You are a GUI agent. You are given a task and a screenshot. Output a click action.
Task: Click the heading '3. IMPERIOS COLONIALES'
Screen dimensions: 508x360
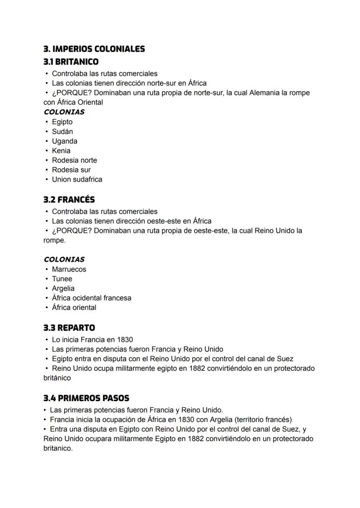point(94,49)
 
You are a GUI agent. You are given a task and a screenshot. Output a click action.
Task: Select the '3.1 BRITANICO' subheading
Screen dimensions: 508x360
point(71,62)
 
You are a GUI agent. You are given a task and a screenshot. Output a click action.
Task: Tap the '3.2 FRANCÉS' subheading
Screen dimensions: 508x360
point(69,199)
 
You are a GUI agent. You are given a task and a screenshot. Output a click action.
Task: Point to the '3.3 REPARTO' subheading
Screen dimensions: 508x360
point(69,328)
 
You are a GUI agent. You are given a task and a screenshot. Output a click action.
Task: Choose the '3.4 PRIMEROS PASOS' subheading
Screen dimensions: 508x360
point(86,398)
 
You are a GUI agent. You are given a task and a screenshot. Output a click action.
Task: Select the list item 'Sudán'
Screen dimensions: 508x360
point(62,131)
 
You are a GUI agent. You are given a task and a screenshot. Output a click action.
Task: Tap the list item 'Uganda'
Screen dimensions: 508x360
point(64,141)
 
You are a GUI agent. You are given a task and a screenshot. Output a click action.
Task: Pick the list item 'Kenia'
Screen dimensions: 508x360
point(61,150)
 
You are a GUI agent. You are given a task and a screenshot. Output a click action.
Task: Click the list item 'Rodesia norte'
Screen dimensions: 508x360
point(74,160)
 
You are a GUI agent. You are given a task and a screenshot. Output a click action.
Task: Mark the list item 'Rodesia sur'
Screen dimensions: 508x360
point(71,169)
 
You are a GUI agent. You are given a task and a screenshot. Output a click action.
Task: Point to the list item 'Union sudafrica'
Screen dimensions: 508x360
point(77,179)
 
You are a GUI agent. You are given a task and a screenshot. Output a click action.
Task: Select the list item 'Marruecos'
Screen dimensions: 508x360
point(69,269)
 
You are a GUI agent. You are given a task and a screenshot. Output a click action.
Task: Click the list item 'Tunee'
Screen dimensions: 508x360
point(62,279)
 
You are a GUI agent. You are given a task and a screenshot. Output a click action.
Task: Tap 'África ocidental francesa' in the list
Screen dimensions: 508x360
point(91,298)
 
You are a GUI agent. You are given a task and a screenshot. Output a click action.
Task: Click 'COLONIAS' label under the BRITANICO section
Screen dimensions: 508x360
point(64,112)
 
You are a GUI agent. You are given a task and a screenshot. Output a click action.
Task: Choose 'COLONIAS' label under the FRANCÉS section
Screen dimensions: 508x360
point(64,259)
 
